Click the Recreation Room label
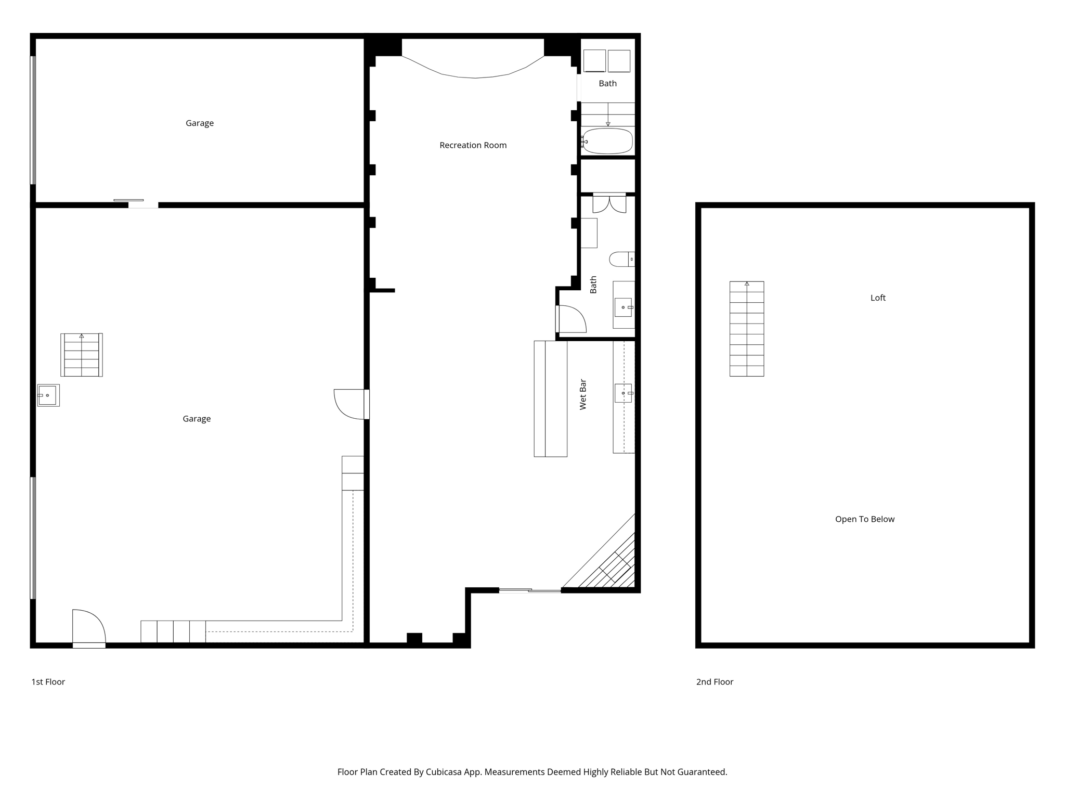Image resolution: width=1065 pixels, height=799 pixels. point(473,145)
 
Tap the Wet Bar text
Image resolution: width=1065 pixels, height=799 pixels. point(583,394)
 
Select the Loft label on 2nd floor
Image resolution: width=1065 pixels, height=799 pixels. point(878,298)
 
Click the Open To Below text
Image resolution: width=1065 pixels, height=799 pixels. point(864,519)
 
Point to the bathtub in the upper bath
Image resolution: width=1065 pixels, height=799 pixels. point(607,141)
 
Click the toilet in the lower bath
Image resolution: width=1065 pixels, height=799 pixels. point(621,259)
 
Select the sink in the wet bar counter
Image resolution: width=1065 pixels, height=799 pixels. point(623,393)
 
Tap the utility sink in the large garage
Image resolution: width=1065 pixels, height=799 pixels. point(48,395)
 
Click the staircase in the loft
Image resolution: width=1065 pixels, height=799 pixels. point(746,329)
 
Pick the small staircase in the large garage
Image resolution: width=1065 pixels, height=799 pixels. point(81,355)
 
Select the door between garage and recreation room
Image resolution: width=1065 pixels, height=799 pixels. point(351,404)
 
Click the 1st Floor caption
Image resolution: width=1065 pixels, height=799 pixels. point(48,681)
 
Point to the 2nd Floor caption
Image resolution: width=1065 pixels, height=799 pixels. point(715,681)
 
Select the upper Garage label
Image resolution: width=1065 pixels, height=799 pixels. point(200,123)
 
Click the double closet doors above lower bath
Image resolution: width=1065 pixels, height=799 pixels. point(609,203)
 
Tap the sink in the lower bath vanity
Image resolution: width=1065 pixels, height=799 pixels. point(623,307)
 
